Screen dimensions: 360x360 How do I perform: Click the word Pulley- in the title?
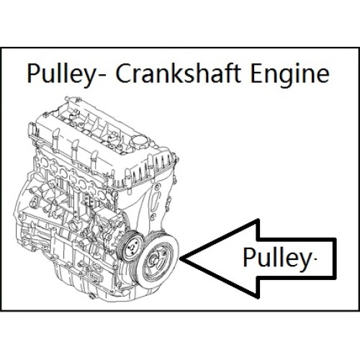click(x=66, y=74)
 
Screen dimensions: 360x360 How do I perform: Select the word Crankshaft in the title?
click(x=178, y=73)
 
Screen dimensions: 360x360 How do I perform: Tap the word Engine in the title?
click(x=290, y=74)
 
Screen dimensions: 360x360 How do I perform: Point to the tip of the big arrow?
click(x=179, y=258)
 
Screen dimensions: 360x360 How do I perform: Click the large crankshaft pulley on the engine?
click(x=157, y=261)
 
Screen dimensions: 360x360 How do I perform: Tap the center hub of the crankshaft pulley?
click(x=155, y=260)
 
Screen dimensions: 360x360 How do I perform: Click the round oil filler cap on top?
click(x=137, y=141)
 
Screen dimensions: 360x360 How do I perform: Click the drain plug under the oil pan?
click(x=91, y=297)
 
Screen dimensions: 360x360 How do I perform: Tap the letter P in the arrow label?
click(x=249, y=257)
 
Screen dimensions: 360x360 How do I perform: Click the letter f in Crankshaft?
click(x=228, y=73)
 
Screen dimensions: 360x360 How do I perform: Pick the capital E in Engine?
click(x=256, y=73)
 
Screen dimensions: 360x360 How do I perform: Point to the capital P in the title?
click(x=34, y=73)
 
